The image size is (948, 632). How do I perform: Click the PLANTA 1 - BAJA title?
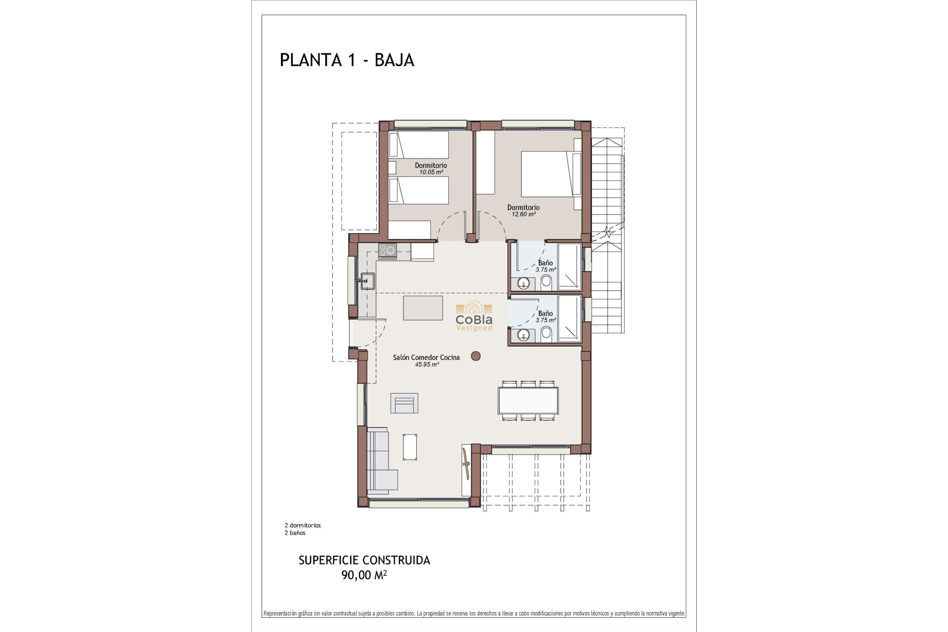point(347,60)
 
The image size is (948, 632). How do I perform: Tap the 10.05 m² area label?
point(431,172)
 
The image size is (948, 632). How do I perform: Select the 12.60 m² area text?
point(523,214)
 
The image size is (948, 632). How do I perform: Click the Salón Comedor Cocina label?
point(426,357)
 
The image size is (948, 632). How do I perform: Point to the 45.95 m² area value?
point(427,364)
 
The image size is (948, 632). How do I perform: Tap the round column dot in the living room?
point(475,356)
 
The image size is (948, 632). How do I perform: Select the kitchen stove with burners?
point(388,250)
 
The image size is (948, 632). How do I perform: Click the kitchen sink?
point(367,281)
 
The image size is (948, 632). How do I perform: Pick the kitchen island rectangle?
point(423,308)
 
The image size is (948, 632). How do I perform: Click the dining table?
point(528,400)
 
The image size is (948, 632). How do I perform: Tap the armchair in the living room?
point(404,403)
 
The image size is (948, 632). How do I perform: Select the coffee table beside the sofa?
point(410,447)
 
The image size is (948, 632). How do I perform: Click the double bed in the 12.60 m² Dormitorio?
point(548,174)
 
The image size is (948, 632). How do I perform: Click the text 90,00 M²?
point(364,575)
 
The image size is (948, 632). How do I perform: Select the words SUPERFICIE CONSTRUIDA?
point(364,560)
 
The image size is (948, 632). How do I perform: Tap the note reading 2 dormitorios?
point(303,525)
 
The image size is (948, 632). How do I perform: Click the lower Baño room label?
point(545,314)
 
